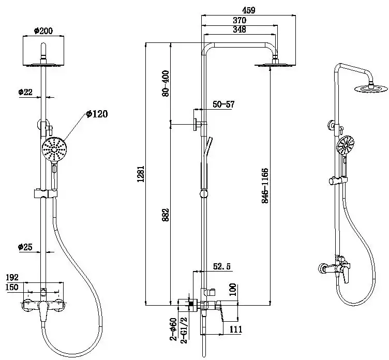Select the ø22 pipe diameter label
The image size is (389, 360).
(x=25, y=92)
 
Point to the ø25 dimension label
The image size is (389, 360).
(x=25, y=247)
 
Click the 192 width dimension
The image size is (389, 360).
(x=12, y=278)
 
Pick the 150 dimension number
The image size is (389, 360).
(x=12, y=287)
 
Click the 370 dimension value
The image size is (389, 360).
(x=239, y=20)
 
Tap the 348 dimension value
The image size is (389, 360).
(x=239, y=29)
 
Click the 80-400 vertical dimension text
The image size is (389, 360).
(x=166, y=83)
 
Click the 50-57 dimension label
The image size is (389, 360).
(x=223, y=104)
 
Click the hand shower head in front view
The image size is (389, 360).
(x=54, y=148)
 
